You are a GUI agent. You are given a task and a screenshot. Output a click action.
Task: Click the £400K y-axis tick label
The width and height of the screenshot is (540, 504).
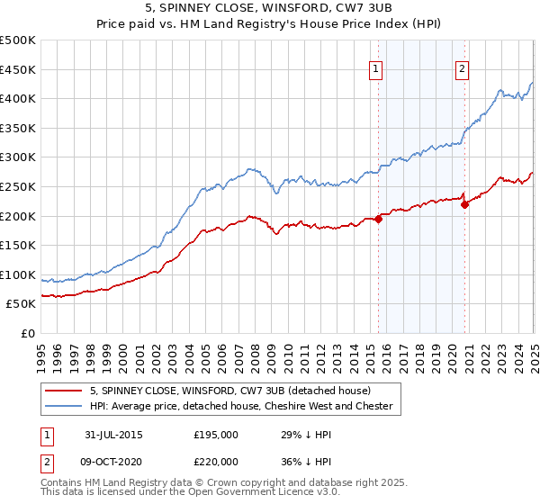[x=18, y=98]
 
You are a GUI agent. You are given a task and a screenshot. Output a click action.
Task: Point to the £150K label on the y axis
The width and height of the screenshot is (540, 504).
[x=18, y=245]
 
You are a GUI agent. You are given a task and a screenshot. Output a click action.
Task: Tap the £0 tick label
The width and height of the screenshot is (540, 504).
[x=28, y=333]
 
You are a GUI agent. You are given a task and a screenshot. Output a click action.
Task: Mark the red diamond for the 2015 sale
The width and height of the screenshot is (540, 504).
[x=379, y=217]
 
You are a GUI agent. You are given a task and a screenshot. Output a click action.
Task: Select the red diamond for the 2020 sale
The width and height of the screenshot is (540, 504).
[x=465, y=204]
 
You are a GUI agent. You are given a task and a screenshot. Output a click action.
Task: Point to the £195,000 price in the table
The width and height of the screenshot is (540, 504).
[x=216, y=435]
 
